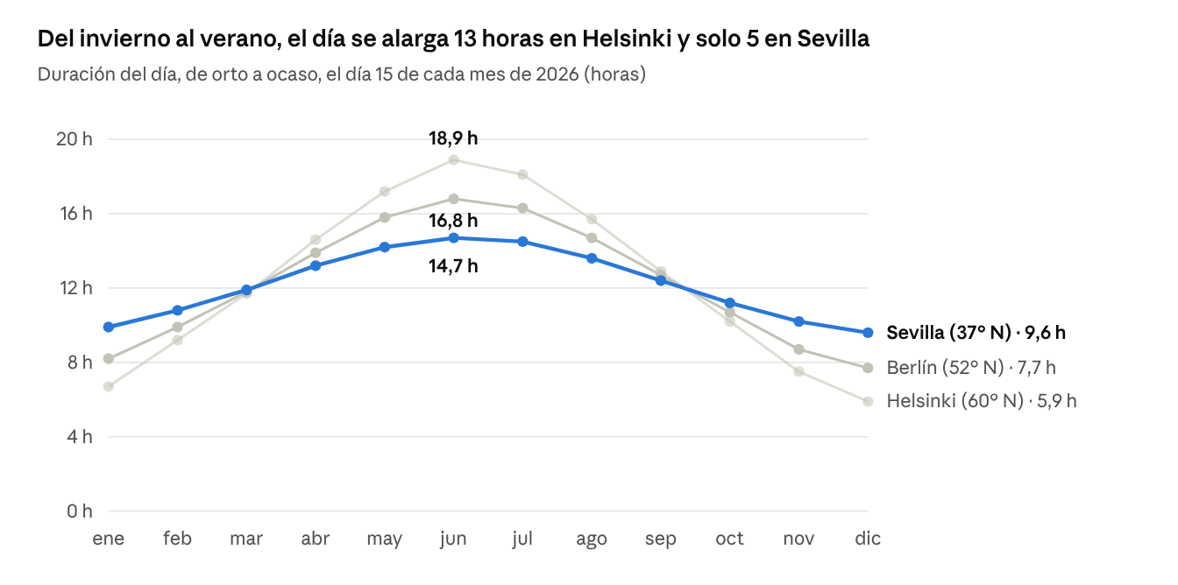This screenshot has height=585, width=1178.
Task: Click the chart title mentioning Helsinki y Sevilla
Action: (453, 39)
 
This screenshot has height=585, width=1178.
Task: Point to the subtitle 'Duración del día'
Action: (341, 74)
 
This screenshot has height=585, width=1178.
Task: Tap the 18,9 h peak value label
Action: (453, 138)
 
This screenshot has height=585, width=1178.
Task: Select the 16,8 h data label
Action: (453, 220)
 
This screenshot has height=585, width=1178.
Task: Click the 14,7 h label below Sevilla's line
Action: (453, 266)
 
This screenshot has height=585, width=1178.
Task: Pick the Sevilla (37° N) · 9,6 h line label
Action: (976, 333)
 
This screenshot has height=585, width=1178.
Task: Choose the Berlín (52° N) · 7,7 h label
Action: (971, 368)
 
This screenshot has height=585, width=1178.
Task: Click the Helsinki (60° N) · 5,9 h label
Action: (982, 401)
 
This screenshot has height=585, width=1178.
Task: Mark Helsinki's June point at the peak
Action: (453, 159)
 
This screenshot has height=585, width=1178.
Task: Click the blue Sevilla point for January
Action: (109, 327)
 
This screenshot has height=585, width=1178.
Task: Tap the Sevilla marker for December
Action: (868, 333)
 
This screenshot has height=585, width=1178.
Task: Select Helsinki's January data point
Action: (109, 386)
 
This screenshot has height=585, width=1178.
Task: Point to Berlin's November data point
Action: (798, 349)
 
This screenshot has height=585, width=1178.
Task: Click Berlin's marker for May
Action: (385, 217)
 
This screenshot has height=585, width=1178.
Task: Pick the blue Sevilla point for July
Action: (522, 242)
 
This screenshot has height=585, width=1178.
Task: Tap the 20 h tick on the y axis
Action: (75, 139)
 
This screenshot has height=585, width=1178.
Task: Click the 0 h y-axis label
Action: (80, 511)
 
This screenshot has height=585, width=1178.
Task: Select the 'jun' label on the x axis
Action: (453, 539)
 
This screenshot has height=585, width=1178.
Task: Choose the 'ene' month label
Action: (109, 539)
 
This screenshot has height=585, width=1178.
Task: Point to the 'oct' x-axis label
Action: (729, 539)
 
